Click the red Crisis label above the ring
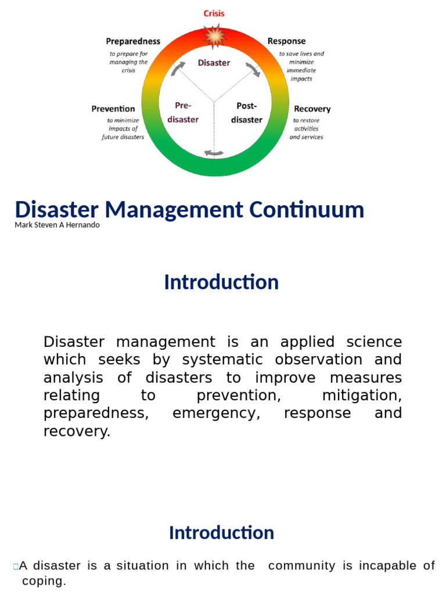coord(214,13)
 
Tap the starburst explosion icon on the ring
coord(215,37)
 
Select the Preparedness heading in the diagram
coord(133,41)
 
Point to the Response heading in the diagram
coord(286,41)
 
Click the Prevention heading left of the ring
coord(113,109)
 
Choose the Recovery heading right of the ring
coord(312,109)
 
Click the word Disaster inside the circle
coord(214,63)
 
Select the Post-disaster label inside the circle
coord(247,113)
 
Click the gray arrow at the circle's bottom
coord(214,153)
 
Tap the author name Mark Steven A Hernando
coord(57,225)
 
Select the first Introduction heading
coord(221,282)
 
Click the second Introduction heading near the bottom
coord(221,533)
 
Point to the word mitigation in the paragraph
coord(361,396)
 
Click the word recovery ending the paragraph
coord(76,432)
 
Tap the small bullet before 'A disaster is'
coord(16,567)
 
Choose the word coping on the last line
coord(44,582)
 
